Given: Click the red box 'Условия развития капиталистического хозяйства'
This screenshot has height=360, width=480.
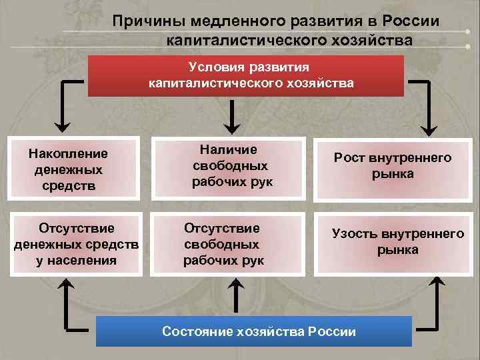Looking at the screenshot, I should [x=246, y=75].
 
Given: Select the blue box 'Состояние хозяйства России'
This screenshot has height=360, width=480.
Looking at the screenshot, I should [x=254, y=331].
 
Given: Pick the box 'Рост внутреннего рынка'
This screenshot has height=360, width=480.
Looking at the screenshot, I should [x=393, y=166].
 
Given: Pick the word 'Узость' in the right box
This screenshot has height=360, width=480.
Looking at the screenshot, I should [x=354, y=234].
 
